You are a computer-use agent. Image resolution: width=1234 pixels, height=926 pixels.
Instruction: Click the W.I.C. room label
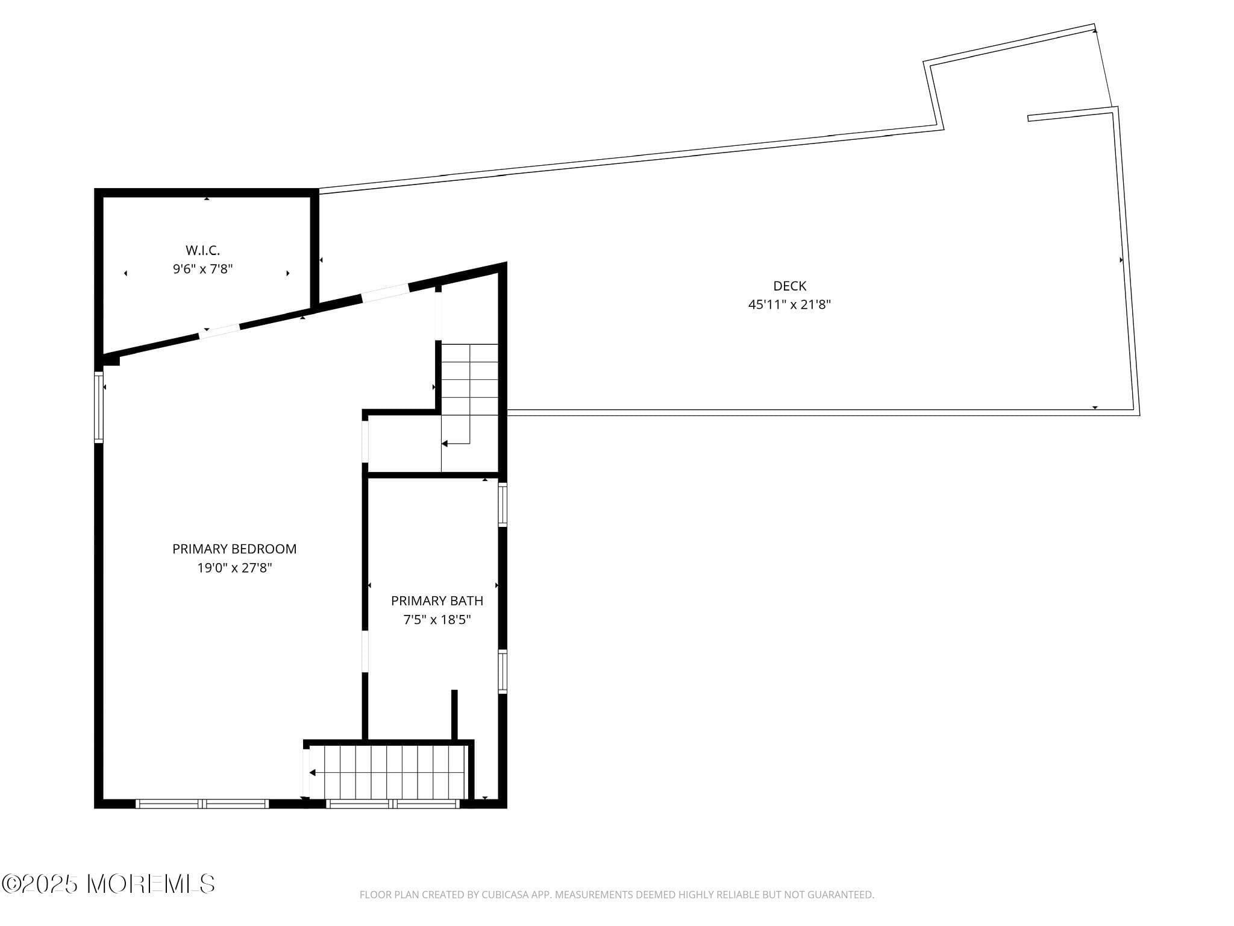(x=202, y=250)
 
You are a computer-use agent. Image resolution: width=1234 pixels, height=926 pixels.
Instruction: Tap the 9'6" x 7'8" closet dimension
(x=202, y=269)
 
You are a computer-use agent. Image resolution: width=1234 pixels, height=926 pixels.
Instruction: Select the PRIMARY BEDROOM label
(x=234, y=549)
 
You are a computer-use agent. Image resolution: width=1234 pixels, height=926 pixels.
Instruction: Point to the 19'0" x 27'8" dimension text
(x=234, y=568)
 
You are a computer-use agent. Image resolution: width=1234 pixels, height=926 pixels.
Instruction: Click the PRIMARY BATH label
(x=437, y=601)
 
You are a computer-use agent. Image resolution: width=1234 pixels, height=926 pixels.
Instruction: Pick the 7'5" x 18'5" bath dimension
(x=437, y=620)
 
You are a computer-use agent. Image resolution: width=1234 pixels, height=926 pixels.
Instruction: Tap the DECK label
(x=789, y=286)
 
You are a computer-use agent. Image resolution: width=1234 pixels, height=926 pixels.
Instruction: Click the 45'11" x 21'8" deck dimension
(x=789, y=305)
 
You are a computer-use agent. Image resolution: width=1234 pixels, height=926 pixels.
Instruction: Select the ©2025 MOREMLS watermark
(x=108, y=884)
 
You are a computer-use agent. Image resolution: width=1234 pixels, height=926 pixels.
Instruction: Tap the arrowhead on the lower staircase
(x=312, y=773)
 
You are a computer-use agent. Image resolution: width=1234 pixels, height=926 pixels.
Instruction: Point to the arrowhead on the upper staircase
(x=445, y=444)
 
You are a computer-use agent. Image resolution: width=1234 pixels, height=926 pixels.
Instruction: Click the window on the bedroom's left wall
(x=99, y=408)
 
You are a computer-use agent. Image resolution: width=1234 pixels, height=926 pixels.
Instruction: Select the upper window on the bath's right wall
(x=502, y=505)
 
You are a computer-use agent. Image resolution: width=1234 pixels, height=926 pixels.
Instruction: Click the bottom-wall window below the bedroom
(x=202, y=804)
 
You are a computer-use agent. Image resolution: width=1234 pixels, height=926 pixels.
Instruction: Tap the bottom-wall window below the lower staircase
(x=393, y=804)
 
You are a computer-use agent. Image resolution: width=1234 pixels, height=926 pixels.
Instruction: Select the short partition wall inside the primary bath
(x=454, y=715)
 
